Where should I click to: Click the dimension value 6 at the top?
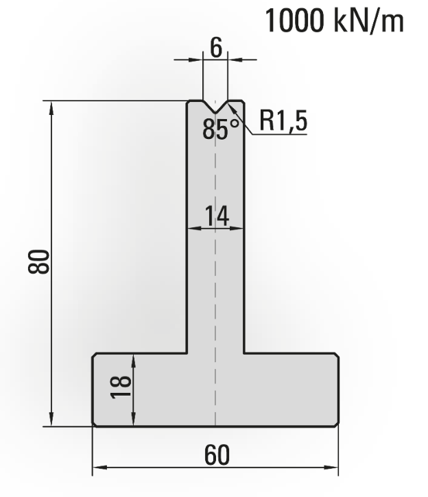215,48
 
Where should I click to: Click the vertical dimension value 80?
40,262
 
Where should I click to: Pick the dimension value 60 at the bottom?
215,455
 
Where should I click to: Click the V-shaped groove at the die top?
215,108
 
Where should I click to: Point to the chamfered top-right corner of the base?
336,356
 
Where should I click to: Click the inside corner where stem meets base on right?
243,353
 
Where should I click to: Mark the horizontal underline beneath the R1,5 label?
281,134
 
